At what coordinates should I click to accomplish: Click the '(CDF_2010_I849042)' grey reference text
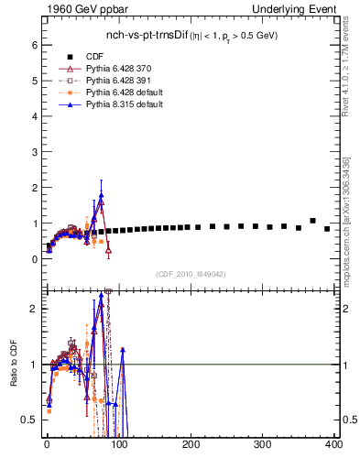point(191,274)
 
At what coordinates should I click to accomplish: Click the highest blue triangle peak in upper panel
point(101,195)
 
